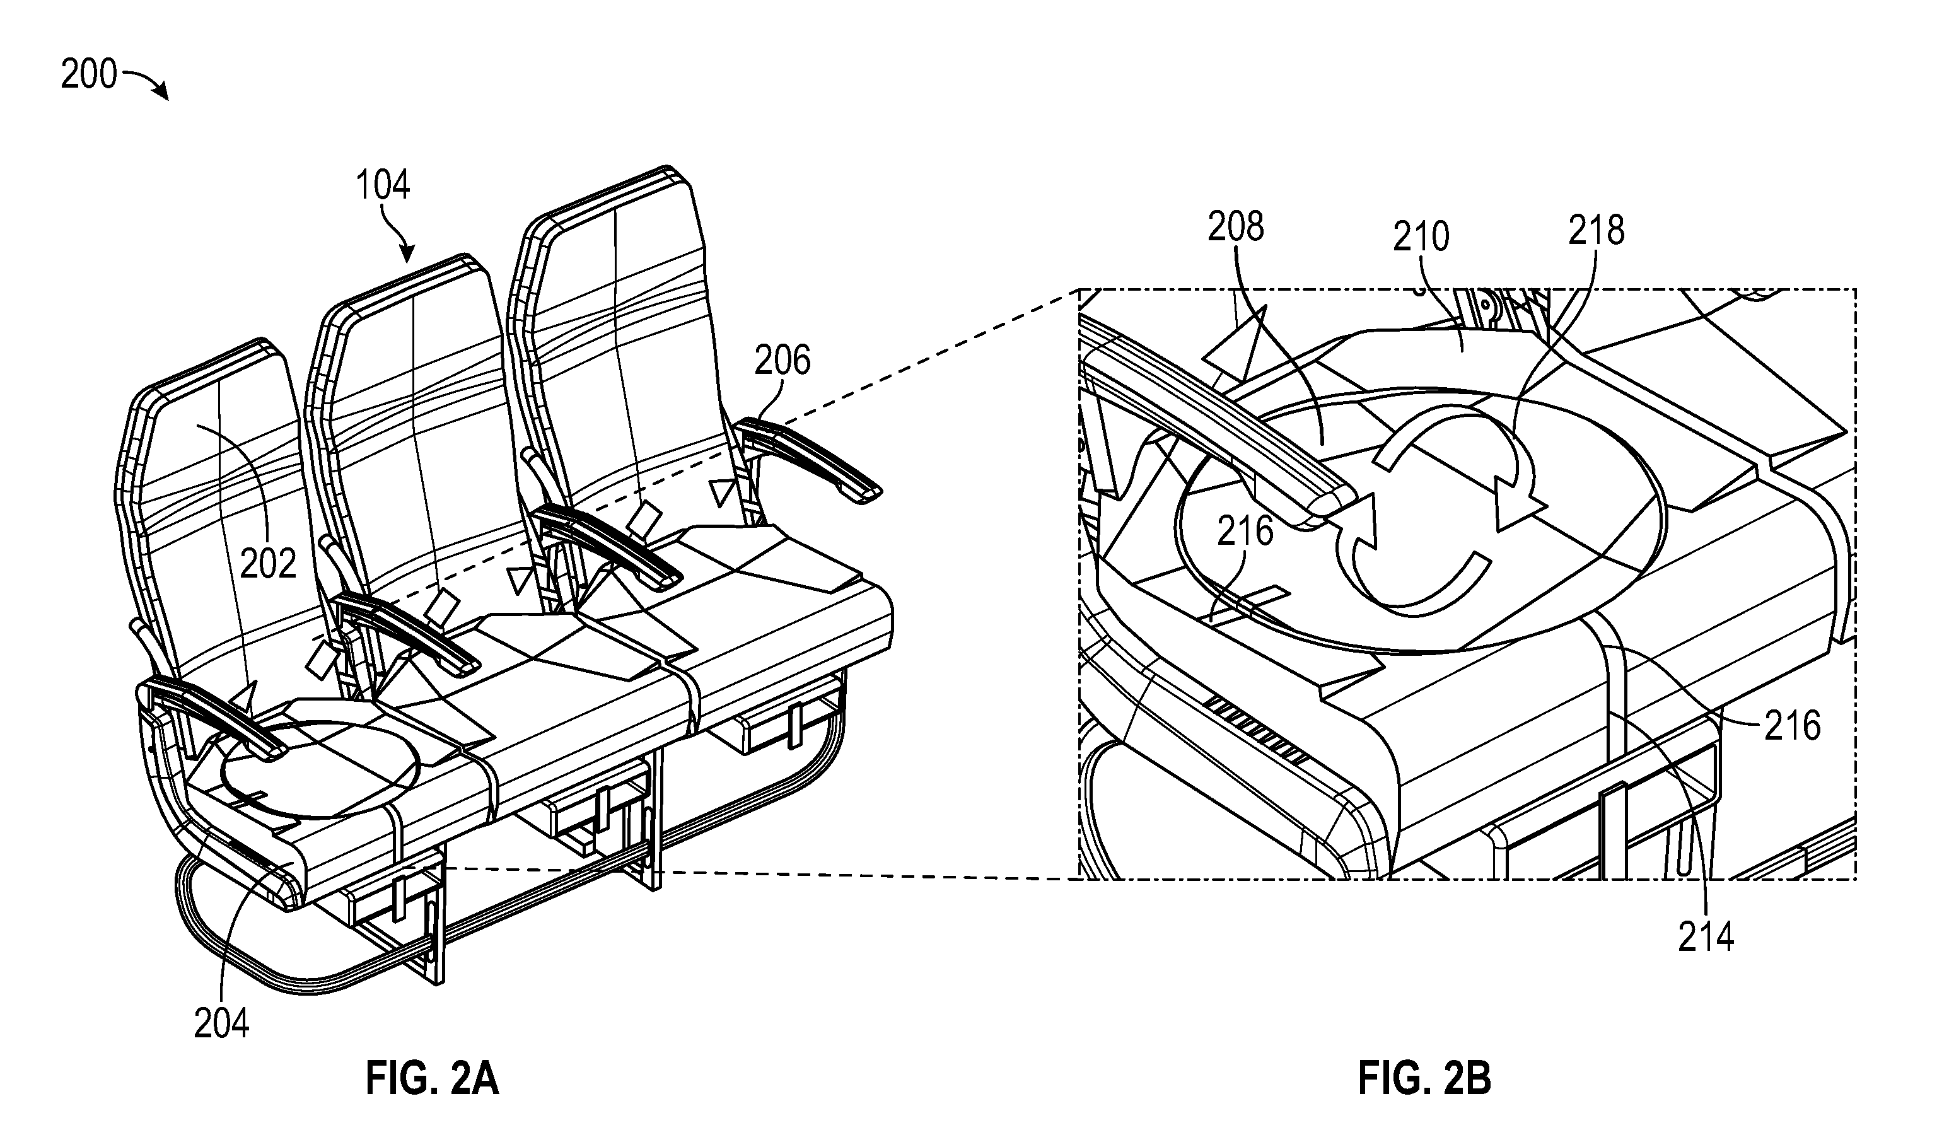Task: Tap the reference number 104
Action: tap(383, 185)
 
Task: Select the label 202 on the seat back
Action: tap(267, 564)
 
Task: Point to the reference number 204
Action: tap(221, 1023)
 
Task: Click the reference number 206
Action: tap(782, 360)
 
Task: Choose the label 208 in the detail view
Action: tap(1236, 227)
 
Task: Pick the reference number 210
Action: tap(1421, 236)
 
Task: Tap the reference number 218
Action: tap(1597, 230)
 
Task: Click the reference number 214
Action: tap(1706, 937)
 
